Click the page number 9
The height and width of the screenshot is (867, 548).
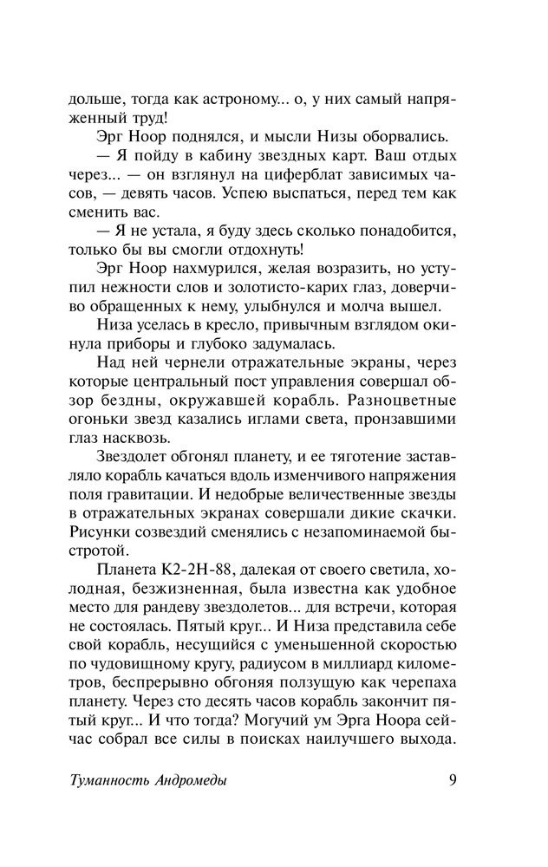[453, 779]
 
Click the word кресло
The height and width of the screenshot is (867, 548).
[200, 326]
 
